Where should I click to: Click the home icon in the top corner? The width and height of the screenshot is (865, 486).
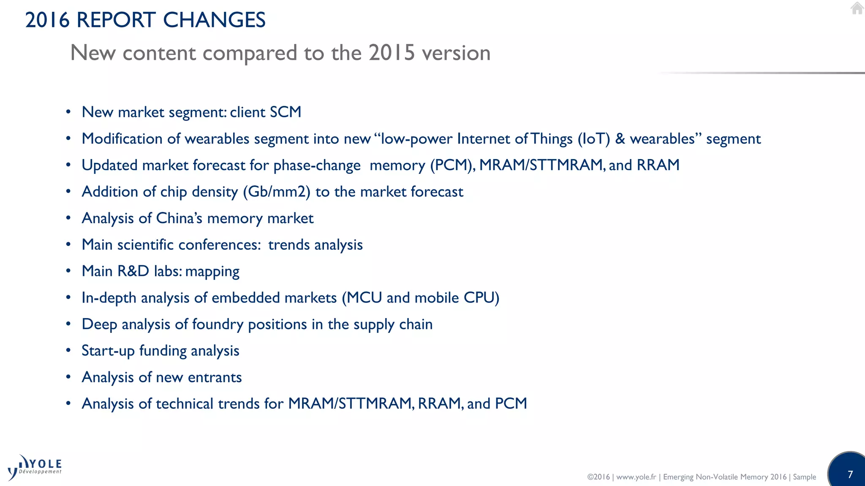click(x=857, y=8)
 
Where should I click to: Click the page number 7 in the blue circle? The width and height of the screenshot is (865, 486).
click(x=850, y=474)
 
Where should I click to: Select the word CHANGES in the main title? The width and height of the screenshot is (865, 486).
click(x=214, y=20)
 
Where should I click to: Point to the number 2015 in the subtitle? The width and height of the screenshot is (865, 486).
click(x=392, y=53)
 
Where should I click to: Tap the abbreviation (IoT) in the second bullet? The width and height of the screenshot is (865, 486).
click(x=594, y=139)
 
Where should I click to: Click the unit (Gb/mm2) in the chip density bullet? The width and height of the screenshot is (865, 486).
click(x=277, y=192)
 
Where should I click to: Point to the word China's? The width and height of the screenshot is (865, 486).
click(x=179, y=219)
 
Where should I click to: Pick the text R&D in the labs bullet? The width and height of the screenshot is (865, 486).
click(x=133, y=271)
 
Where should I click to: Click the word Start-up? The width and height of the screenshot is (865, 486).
click(x=108, y=351)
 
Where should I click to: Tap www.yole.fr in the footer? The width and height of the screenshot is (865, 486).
click(x=636, y=477)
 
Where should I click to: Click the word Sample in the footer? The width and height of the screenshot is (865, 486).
click(x=804, y=477)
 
